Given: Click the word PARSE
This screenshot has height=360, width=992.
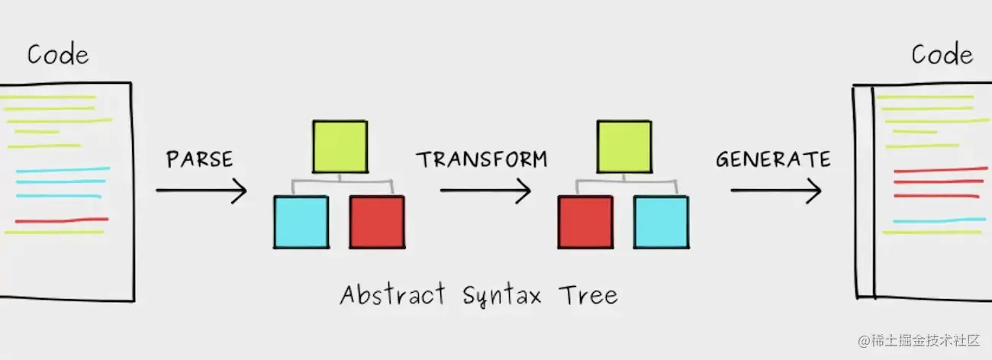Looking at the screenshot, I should pos(199,159).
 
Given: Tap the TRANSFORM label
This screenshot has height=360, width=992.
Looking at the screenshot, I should pos(482,159).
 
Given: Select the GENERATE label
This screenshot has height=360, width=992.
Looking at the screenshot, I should pos(773,159).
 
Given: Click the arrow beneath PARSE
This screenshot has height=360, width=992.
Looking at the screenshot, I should pos(201,190).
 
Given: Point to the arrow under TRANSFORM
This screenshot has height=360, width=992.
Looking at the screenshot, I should pos(485,190).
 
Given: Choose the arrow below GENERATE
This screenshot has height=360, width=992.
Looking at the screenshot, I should pos(776,190).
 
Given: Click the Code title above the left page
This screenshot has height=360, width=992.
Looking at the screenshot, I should pos(58,55).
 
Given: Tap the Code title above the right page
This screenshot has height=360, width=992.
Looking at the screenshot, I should pos(942,55).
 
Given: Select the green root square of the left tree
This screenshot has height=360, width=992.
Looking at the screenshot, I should pos(340,146).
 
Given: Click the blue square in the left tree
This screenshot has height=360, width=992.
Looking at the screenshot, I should pos(301,222).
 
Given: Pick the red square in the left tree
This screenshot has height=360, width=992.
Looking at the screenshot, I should pos(377,222).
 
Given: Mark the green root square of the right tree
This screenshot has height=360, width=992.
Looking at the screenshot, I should pos(623,146).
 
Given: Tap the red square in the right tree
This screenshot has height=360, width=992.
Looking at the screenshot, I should pos(585,222).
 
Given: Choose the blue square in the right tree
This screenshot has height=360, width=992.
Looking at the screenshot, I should pos(661,222).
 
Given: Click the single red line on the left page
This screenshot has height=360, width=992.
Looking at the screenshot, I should pos(61,220).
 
